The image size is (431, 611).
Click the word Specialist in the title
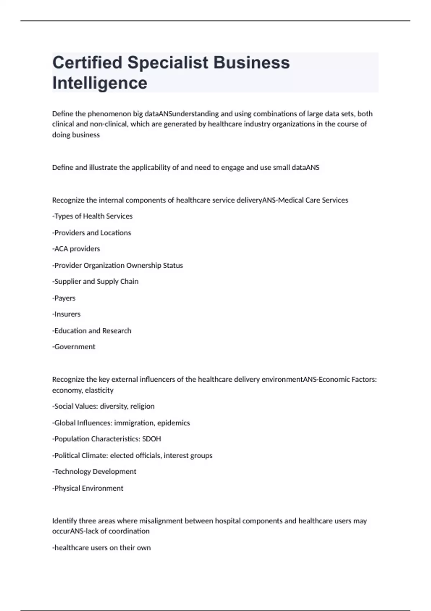168,63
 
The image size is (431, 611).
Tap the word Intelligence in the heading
100,83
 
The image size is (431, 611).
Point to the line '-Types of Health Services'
92,216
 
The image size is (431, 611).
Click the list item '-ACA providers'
76,249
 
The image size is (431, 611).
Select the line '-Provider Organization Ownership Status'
117,265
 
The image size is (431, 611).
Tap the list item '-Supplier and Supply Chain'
95,281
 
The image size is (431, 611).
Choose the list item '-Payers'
64,298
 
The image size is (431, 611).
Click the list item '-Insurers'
66,314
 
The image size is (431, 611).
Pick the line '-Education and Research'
92,331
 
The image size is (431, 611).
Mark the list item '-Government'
74,347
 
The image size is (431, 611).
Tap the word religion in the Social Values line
142,406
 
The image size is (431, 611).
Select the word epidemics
173,423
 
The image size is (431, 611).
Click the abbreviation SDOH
152,439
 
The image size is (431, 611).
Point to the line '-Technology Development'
94,472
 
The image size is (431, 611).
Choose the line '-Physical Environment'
88,488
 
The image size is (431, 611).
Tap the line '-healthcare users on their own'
101,548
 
